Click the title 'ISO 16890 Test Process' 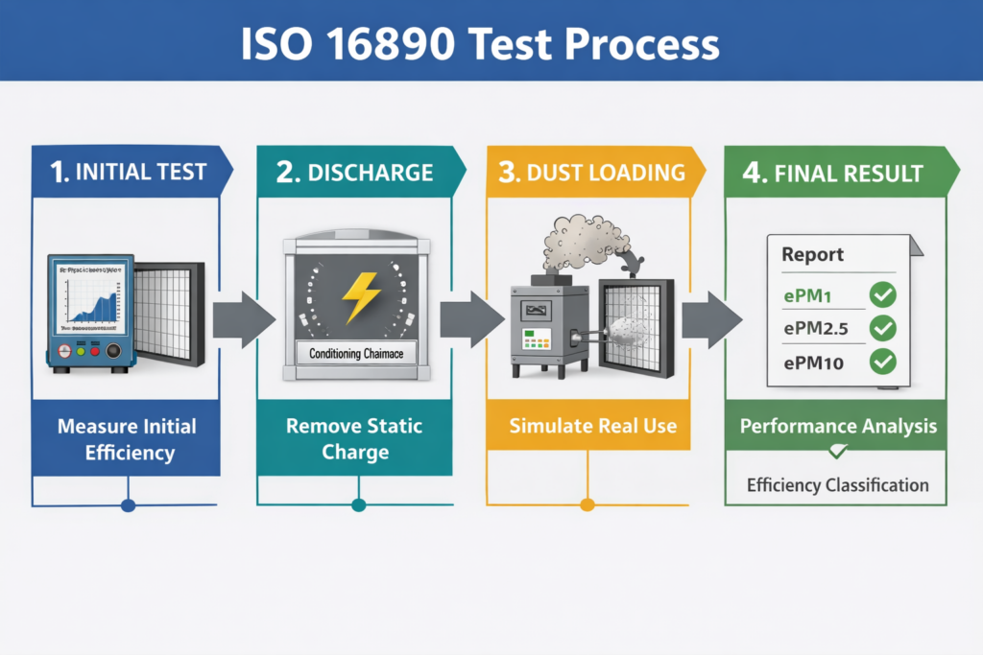pos(491,42)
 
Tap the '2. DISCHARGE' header pos(355,173)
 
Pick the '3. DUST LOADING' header pos(591,173)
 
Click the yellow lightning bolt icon pos(362,296)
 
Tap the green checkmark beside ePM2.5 pos(881,329)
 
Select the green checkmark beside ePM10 pos(881,362)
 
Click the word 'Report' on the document pos(812,255)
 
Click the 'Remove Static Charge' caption pos(356,438)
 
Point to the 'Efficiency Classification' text pos(837,485)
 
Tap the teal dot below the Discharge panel pos(358,504)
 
